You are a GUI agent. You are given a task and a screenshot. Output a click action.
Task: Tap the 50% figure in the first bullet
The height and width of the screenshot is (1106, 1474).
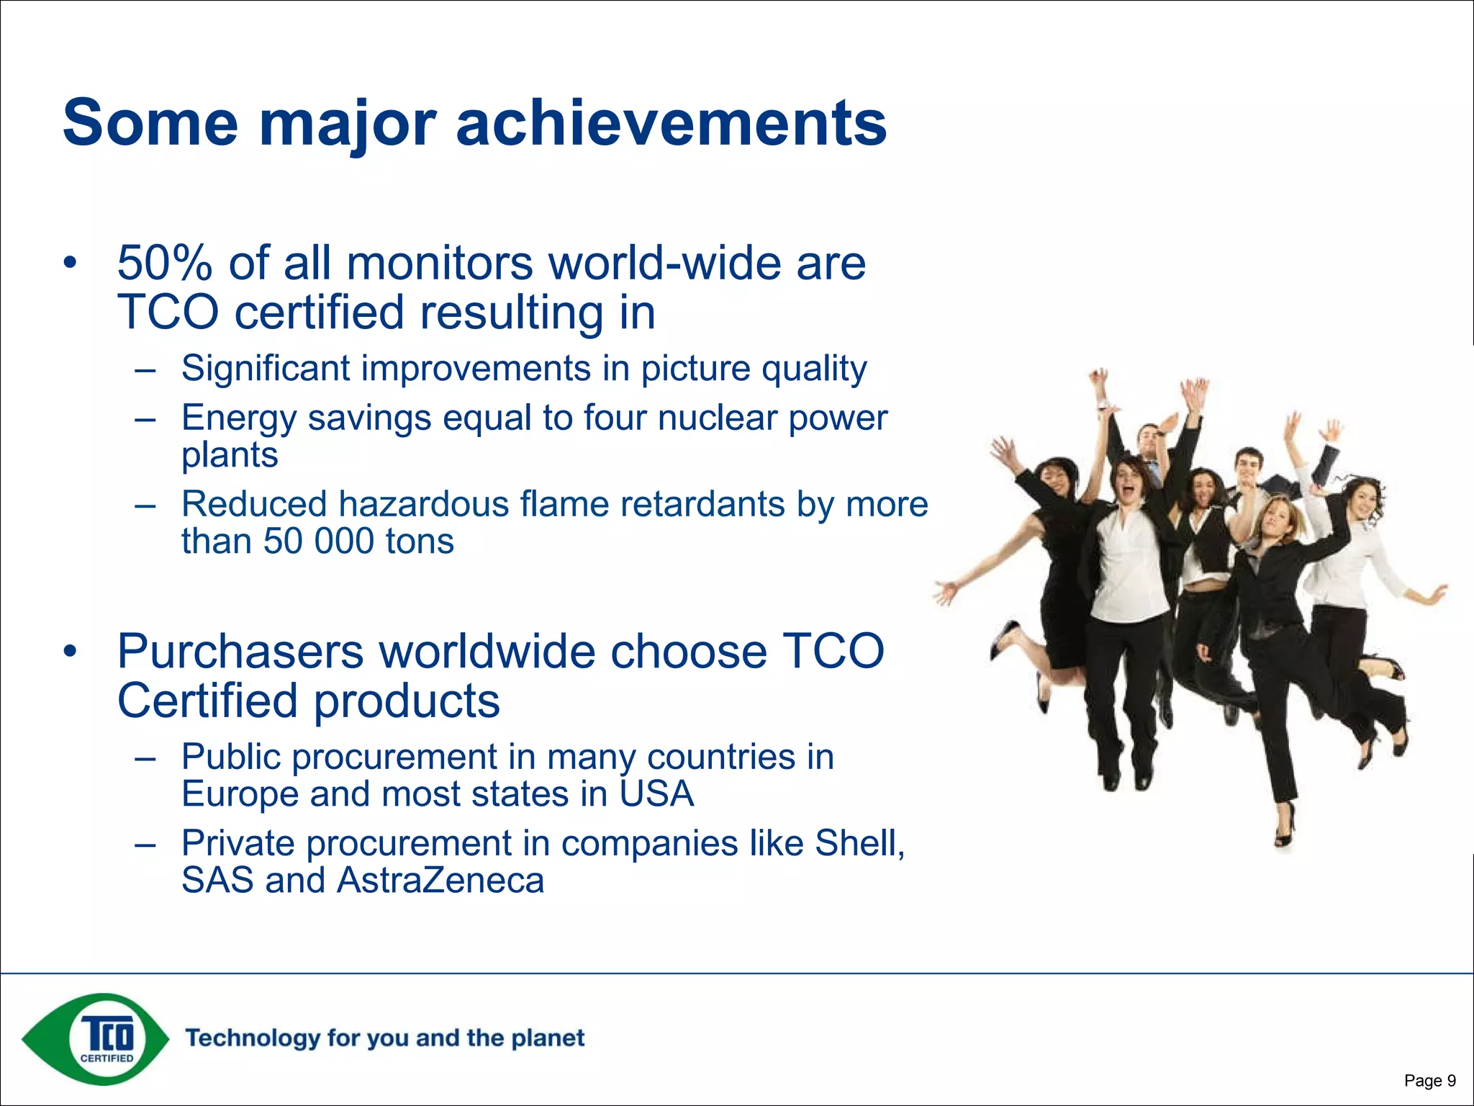pos(164,264)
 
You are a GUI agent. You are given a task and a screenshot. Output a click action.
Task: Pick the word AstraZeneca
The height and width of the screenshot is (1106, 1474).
pos(440,881)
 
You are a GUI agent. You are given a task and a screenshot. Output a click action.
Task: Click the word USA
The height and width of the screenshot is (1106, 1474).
pos(656,794)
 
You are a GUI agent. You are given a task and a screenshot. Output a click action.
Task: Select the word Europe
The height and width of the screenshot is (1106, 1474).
pos(240,794)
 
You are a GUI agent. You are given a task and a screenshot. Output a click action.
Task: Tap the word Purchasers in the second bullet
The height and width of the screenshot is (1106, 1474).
pos(240,652)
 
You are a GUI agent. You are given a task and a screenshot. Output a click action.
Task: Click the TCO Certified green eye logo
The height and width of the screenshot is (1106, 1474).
pos(96,1039)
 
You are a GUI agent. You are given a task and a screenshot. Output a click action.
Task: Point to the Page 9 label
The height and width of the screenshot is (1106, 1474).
pos(1429,1080)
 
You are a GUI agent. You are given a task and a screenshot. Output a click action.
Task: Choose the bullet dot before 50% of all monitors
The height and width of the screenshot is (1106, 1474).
pos(69,264)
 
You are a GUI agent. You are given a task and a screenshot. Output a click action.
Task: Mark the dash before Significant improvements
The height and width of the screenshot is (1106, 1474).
pos(145,370)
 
